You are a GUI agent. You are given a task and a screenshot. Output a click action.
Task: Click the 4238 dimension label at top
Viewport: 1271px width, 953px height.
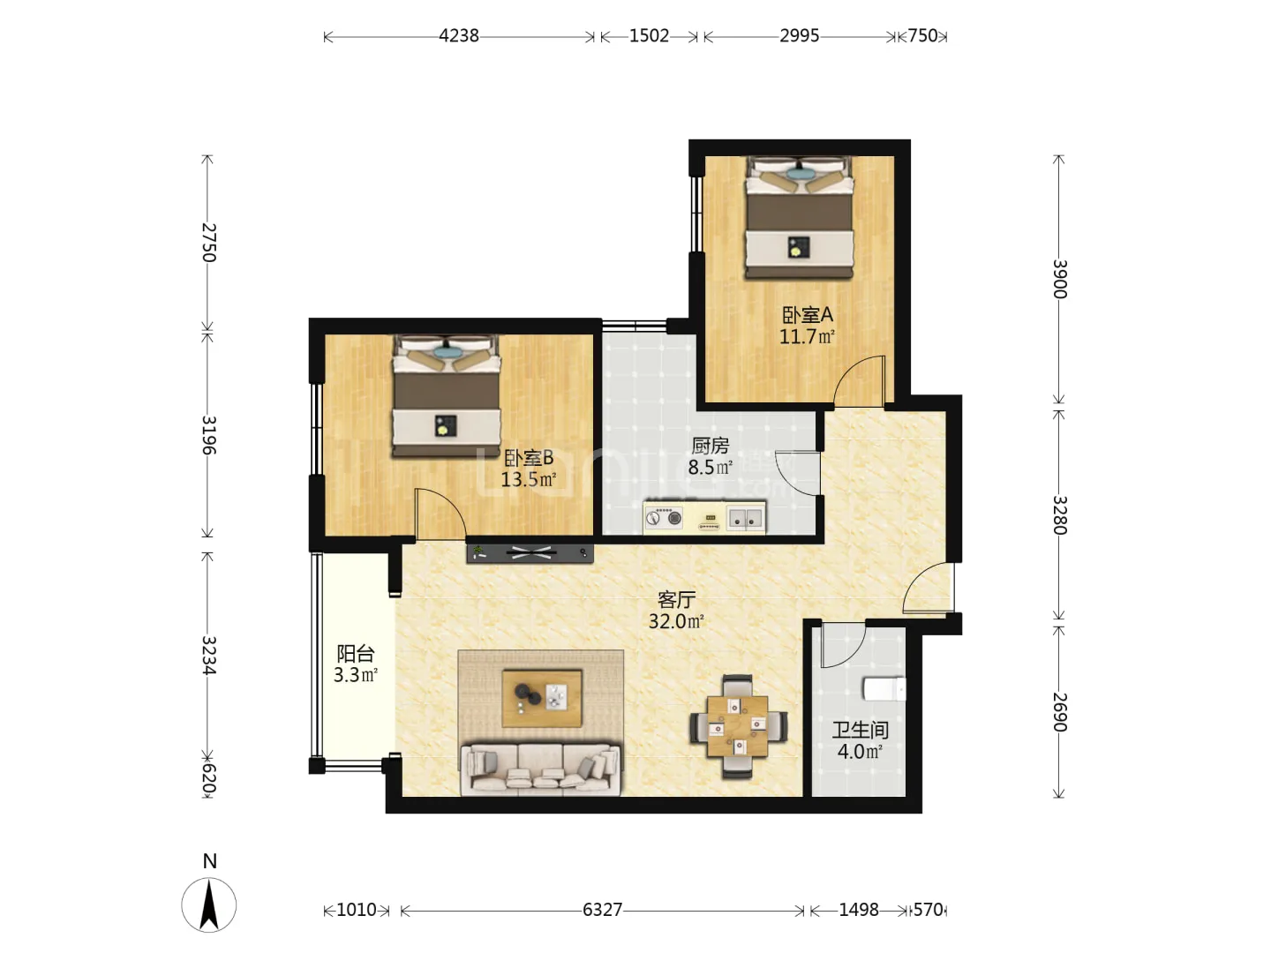click(459, 36)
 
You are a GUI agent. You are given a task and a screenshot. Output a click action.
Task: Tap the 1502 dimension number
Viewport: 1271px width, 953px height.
click(649, 36)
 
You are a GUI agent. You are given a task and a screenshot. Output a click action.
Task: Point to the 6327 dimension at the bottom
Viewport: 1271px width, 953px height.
click(602, 910)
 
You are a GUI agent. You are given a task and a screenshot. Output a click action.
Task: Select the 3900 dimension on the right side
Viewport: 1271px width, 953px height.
click(1059, 279)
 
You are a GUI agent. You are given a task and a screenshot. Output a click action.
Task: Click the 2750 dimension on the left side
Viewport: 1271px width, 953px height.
click(208, 243)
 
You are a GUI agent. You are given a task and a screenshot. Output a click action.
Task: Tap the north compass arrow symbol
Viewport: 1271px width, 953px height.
click(209, 905)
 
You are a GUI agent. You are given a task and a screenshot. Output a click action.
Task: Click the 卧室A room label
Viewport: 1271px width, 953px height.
click(808, 315)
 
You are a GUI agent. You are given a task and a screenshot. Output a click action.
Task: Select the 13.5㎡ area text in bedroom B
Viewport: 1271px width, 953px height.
click(529, 480)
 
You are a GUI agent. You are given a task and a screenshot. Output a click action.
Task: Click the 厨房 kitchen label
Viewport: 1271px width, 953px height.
click(711, 446)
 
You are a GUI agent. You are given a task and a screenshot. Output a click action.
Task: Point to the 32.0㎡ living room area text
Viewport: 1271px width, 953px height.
click(676, 621)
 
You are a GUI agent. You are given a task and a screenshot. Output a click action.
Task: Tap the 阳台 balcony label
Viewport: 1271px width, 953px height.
click(356, 654)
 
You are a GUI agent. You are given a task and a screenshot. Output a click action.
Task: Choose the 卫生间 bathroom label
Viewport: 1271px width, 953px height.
click(861, 731)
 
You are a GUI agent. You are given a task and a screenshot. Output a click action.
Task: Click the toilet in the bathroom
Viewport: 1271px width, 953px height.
click(884, 689)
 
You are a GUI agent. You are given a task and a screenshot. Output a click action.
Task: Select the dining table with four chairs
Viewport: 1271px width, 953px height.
click(738, 726)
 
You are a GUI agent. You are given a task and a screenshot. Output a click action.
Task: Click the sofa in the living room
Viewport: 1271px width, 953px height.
click(540, 769)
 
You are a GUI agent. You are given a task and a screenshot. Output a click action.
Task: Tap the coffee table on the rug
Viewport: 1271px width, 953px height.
click(542, 698)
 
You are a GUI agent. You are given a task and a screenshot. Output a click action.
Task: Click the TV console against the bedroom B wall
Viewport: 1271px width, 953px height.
click(530, 553)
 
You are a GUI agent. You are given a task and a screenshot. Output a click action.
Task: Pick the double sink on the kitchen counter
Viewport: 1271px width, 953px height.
click(745, 518)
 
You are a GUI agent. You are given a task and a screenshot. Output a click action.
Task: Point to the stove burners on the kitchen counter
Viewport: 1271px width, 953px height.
click(664, 517)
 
